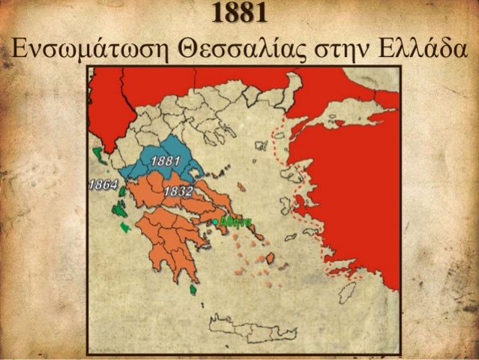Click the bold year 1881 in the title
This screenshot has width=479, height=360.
pos(239,13)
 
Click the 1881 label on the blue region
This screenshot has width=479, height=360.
pos(164,160)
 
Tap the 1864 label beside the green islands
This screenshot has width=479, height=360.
pos(102,184)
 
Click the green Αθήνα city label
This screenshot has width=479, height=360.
pos(236,222)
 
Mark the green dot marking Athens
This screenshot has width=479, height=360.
pos(216,222)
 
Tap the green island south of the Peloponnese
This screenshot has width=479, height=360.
pos(193,289)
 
